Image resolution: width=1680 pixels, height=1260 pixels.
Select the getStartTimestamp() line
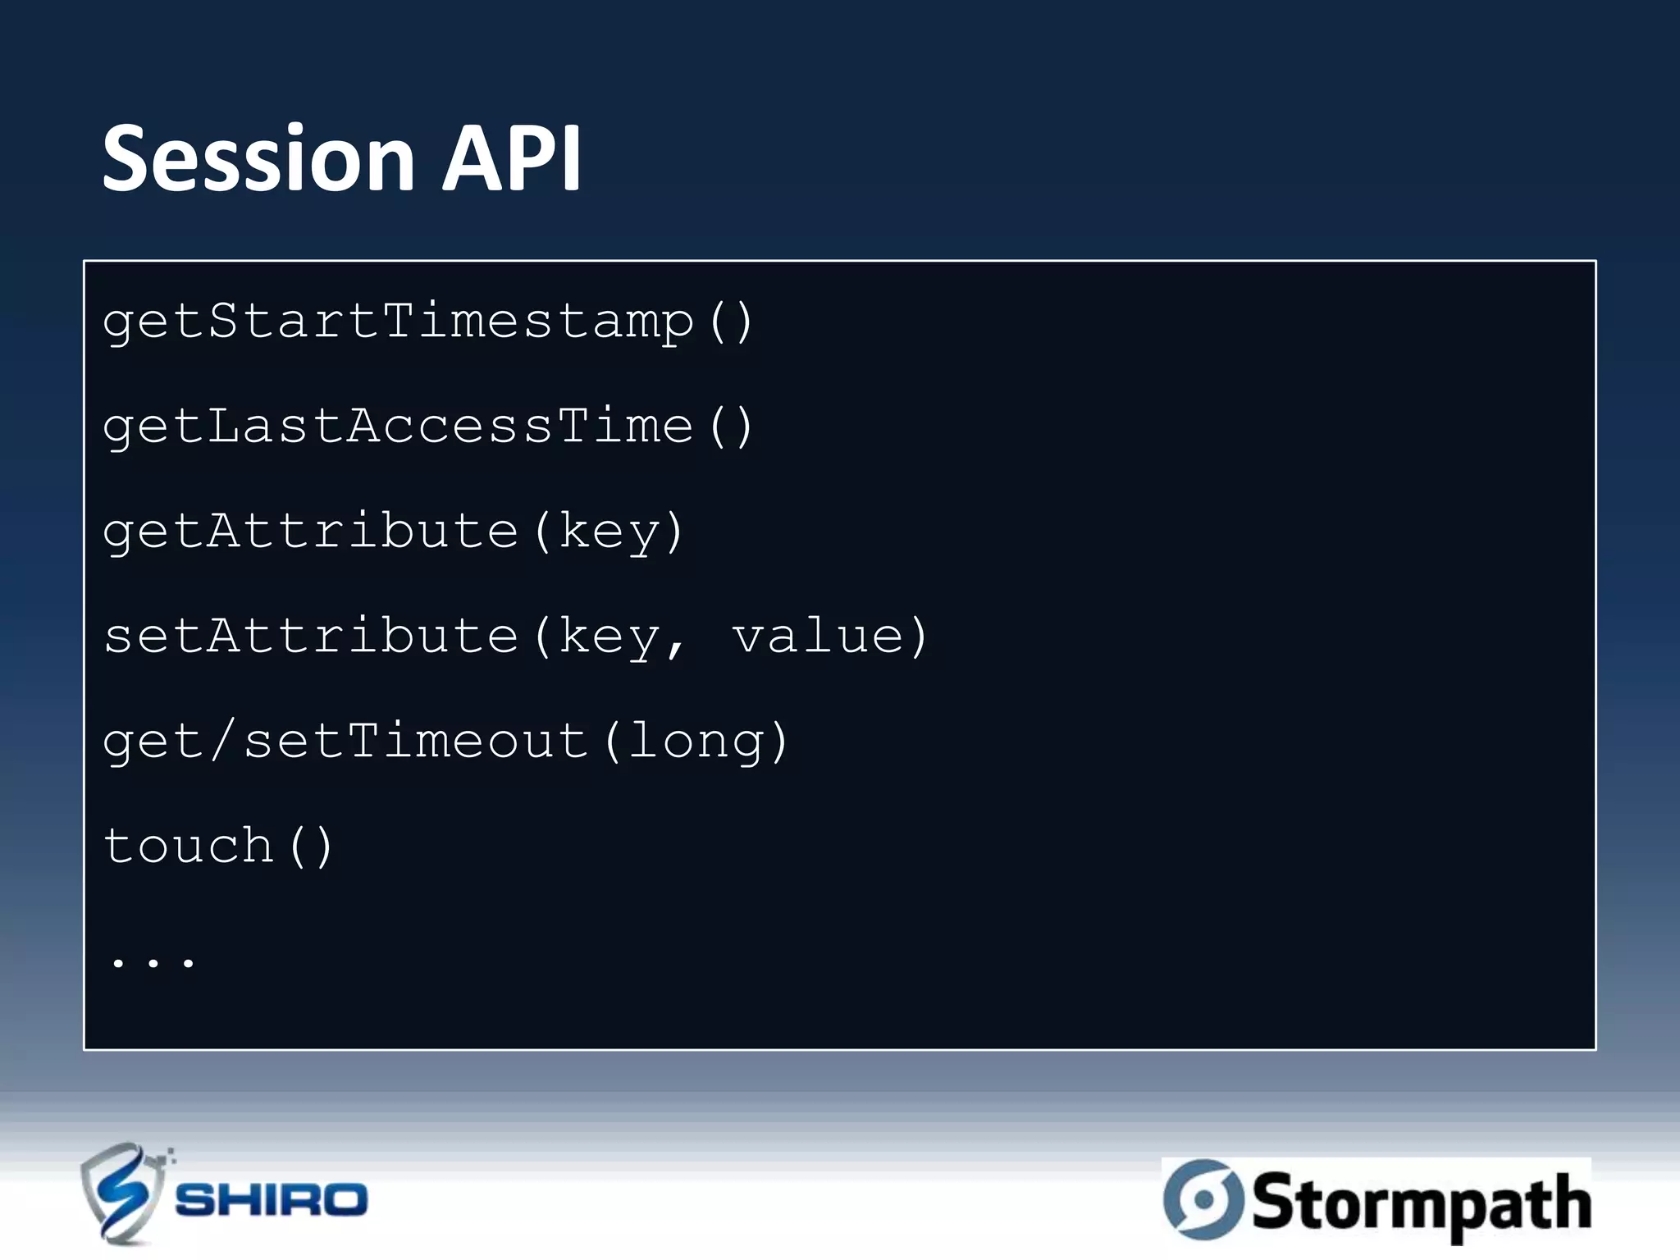(x=427, y=321)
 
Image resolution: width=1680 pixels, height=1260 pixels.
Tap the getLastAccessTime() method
(x=427, y=426)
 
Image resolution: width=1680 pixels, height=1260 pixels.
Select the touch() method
(x=217, y=846)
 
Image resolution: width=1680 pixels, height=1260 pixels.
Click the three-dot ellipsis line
(x=153, y=960)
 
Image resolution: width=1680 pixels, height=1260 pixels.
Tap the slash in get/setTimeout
(x=223, y=741)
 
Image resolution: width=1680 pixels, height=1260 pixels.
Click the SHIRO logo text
(x=271, y=1200)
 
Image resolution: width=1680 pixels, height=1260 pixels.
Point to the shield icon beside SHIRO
(x=121, y=1194)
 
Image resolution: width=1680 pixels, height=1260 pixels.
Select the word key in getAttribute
(x=609, y=532)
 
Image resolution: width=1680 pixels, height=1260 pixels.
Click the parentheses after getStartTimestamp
(x=730, y=321)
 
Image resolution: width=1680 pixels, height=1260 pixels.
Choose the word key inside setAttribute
(x=609, y=637)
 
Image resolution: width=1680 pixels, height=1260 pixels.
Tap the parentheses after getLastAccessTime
(x=730, y=426)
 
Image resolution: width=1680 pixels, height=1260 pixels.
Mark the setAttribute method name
(x=312, y=636)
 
